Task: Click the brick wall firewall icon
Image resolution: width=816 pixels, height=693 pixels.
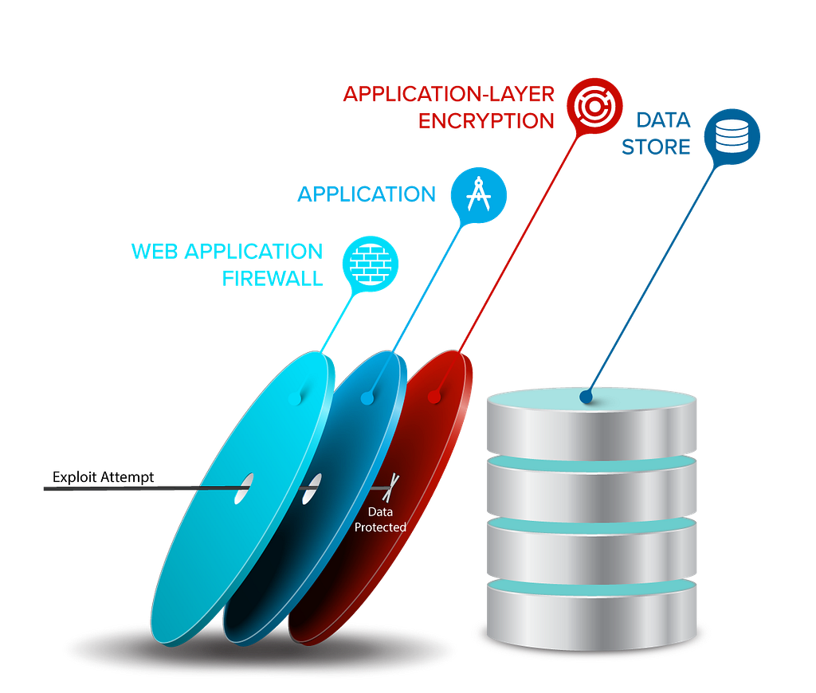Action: [x=370, y=264]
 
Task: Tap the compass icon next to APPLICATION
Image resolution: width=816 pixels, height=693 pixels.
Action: [x=479, y=195]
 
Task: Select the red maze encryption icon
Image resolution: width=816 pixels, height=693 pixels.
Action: [x=594, y=106]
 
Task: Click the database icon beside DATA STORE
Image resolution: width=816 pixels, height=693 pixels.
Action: [x=732, y=136]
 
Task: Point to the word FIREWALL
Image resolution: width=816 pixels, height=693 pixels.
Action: [x=273, y=279]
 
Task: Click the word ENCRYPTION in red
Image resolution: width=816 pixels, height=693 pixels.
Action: [x=486, y=121]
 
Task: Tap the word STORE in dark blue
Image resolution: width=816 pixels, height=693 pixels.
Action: [x=656, y=147]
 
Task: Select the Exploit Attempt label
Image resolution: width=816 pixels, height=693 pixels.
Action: [x=103, y=477]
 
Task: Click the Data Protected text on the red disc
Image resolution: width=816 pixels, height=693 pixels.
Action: [x=380, y=519]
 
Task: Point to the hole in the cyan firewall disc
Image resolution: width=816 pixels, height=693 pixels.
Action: [x=244, y=488]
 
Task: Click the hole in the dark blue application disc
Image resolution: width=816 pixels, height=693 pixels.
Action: [x=312, y=488]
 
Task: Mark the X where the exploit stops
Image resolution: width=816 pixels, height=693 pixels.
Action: [x=390, y=487]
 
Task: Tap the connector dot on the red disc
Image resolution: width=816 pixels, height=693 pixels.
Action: [x=434, y=397]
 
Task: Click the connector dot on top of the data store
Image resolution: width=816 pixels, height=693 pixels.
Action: [x=586, y=397]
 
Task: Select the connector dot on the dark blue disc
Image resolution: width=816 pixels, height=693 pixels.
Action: [x=367, y=398]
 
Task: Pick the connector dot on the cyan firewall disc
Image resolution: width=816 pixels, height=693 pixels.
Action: [x=295, y=399]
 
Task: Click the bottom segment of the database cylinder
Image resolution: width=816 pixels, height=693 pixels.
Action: [x=592, y=615]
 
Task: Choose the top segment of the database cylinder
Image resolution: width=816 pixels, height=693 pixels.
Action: [x=592, y=423]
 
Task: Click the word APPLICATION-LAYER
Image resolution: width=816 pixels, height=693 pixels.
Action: [x=449, y=94]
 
